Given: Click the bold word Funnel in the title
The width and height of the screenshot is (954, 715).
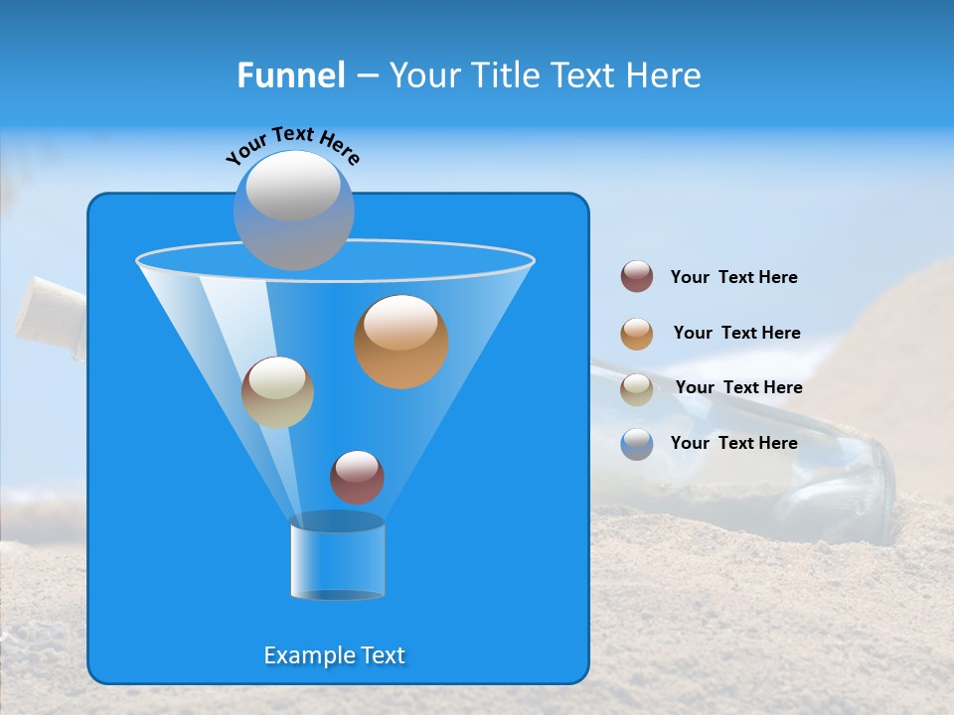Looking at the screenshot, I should click(x=290, y=75).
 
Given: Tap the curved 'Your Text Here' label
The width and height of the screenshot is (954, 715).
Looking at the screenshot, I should click(x=293, y=145).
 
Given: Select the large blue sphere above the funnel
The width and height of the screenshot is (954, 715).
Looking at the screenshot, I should click(x=293, y=210).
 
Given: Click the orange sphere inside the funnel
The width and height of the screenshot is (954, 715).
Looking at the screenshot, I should click(x=401, y=342).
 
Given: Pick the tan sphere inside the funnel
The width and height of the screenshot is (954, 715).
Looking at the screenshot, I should click(x=277, y=392).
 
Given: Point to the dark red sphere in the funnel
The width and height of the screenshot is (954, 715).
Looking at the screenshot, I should click(x=357, y=477).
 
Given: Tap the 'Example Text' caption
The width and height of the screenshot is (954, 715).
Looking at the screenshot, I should click(x=335, y=655).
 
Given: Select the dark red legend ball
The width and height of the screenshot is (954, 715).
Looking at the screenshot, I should click(x=637, y=276).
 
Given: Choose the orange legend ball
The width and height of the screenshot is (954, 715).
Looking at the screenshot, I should click(x=637, y=334).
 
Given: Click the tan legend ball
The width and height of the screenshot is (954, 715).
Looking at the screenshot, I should click(x=637, y=389).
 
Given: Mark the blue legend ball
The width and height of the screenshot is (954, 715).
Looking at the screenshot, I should click(x=637, y=444).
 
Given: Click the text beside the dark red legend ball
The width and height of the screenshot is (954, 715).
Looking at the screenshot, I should click(x=733, y=278).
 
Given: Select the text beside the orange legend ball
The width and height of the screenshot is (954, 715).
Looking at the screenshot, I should click(x=736, y=334).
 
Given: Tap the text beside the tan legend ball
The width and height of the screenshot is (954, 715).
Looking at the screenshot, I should click(x=738, y=388).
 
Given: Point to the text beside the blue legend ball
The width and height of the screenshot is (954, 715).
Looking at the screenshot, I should click(x=733, y=443).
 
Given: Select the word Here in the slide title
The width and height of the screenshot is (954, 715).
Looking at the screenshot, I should click(x=664, y=75).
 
